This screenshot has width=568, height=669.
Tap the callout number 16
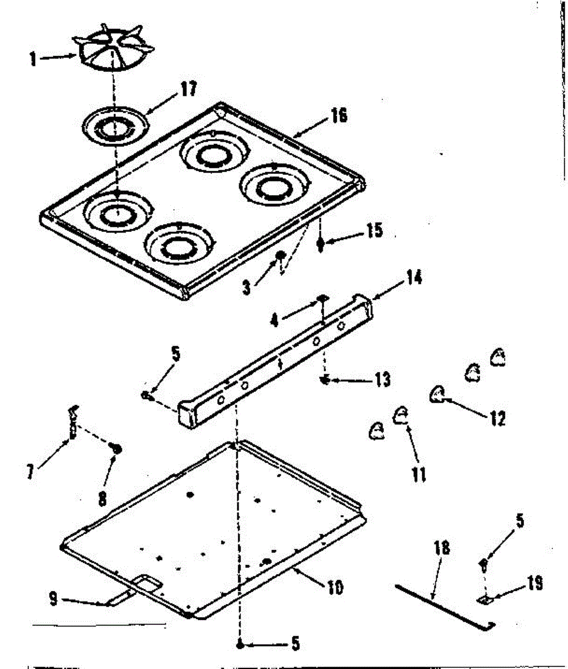(x=339, y=115)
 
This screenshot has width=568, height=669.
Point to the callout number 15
(x=374, y=230)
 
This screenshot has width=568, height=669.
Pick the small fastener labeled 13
(x=323, y=380)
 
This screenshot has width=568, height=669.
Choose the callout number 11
(x=418, y=474)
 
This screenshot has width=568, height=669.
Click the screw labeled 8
(x=116, y=447)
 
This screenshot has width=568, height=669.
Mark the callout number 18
(x=442, y=547)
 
